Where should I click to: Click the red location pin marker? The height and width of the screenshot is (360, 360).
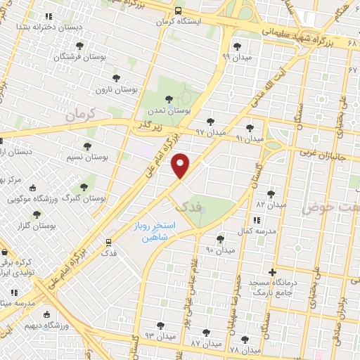(x=181, y=165)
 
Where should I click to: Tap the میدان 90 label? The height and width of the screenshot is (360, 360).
(x=219, y=250)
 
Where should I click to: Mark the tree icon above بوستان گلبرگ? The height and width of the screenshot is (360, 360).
(x=84, y=188)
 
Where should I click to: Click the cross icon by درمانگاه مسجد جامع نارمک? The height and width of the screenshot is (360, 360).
(x=273, y=271)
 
